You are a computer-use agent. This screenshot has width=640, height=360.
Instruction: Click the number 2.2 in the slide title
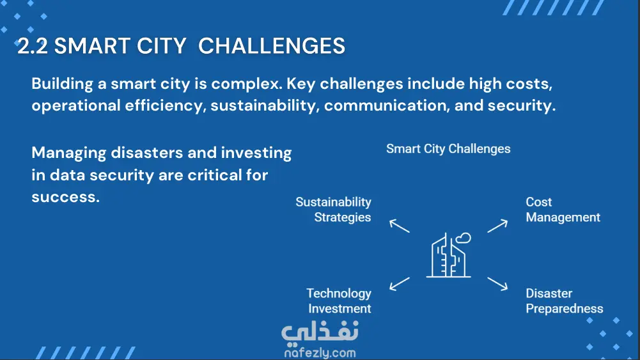pos(33,45)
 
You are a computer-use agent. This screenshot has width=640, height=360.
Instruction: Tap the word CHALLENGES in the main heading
pos(272,45)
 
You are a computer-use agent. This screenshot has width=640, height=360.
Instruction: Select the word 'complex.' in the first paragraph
pos(247,84)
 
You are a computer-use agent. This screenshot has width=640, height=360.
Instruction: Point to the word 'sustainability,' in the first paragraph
pos(265,106)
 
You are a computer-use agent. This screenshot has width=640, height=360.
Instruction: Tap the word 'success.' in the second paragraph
pos(66,197)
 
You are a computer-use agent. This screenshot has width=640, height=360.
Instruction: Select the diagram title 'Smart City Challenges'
pos(448,149)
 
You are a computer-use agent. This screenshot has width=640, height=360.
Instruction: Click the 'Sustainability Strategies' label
pos(334,209)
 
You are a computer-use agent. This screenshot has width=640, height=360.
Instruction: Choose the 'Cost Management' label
pos(563,209)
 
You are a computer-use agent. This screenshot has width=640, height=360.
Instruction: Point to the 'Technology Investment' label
pos(340,301)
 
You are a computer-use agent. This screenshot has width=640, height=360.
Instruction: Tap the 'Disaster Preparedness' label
pos(565,301)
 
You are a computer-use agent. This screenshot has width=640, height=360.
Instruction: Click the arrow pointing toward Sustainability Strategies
pos(399,226)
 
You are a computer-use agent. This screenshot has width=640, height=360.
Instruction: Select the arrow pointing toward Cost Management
pos(497,226)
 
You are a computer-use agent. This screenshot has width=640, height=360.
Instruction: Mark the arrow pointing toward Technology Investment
pos(399,284)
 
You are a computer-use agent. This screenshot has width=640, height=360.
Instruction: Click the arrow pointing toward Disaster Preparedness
pos(497,284)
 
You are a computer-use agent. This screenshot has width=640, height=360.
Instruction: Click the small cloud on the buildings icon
pos(464,238)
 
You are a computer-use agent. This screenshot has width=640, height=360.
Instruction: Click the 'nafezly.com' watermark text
pos(320,353)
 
